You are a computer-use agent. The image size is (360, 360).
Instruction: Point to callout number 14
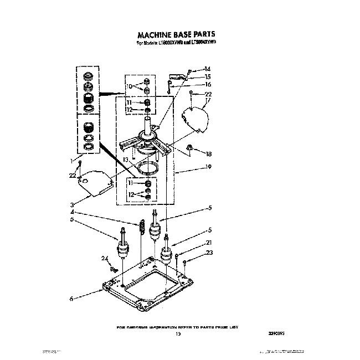(208, 69)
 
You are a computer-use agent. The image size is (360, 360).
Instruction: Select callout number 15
(208, 76)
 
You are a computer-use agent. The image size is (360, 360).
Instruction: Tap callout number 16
(208, 84)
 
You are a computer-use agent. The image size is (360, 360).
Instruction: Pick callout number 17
(208, 100)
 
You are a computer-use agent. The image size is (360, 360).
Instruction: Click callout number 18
(209, 154)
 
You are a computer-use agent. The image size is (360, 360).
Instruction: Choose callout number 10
(128, 87)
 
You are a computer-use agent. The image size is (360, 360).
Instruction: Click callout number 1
(71, 161)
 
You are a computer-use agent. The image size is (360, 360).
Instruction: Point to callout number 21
(208, 242)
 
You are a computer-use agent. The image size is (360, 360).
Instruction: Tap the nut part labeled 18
(190, 147)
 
